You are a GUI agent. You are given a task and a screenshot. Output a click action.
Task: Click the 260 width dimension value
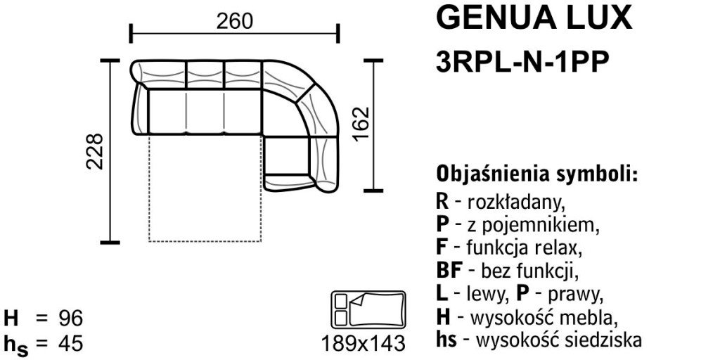coord(234,21)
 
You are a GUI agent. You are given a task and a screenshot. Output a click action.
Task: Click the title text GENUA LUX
coord(534,18)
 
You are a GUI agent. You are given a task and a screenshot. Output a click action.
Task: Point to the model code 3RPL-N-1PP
coord(522,62)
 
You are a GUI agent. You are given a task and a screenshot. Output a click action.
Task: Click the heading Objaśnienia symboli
coord(538,174)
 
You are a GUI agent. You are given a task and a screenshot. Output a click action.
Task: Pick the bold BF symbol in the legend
coord(448,271)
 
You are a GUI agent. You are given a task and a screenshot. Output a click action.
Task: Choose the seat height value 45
coord(70,343)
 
